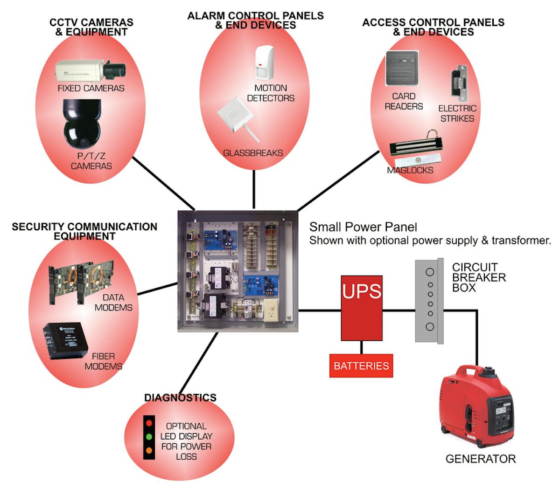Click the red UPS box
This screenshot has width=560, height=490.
[x=362, y=308]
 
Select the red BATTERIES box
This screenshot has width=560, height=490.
[x=361, y=366]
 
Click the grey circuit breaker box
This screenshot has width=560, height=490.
[x=429, y=301]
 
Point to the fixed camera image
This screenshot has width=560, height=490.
[x=90, y=70]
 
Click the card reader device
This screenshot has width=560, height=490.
[x=402, y=68]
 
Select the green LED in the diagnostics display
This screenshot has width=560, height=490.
[x=149, y=437]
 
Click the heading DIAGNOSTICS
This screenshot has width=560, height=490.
[x=180, y=398]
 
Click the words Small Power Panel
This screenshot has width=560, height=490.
[x=363, y=227]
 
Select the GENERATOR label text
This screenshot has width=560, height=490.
[x=480, y=459]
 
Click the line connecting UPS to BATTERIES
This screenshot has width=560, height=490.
[x=361, y=347]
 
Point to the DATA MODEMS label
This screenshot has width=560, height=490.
[x=113, y=303]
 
